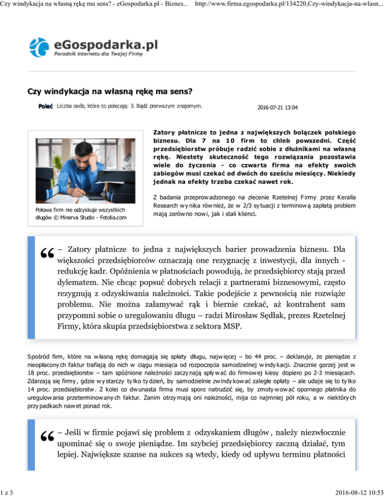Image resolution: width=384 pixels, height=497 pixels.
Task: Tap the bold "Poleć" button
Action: pyautogui.click(x=46, y=106)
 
